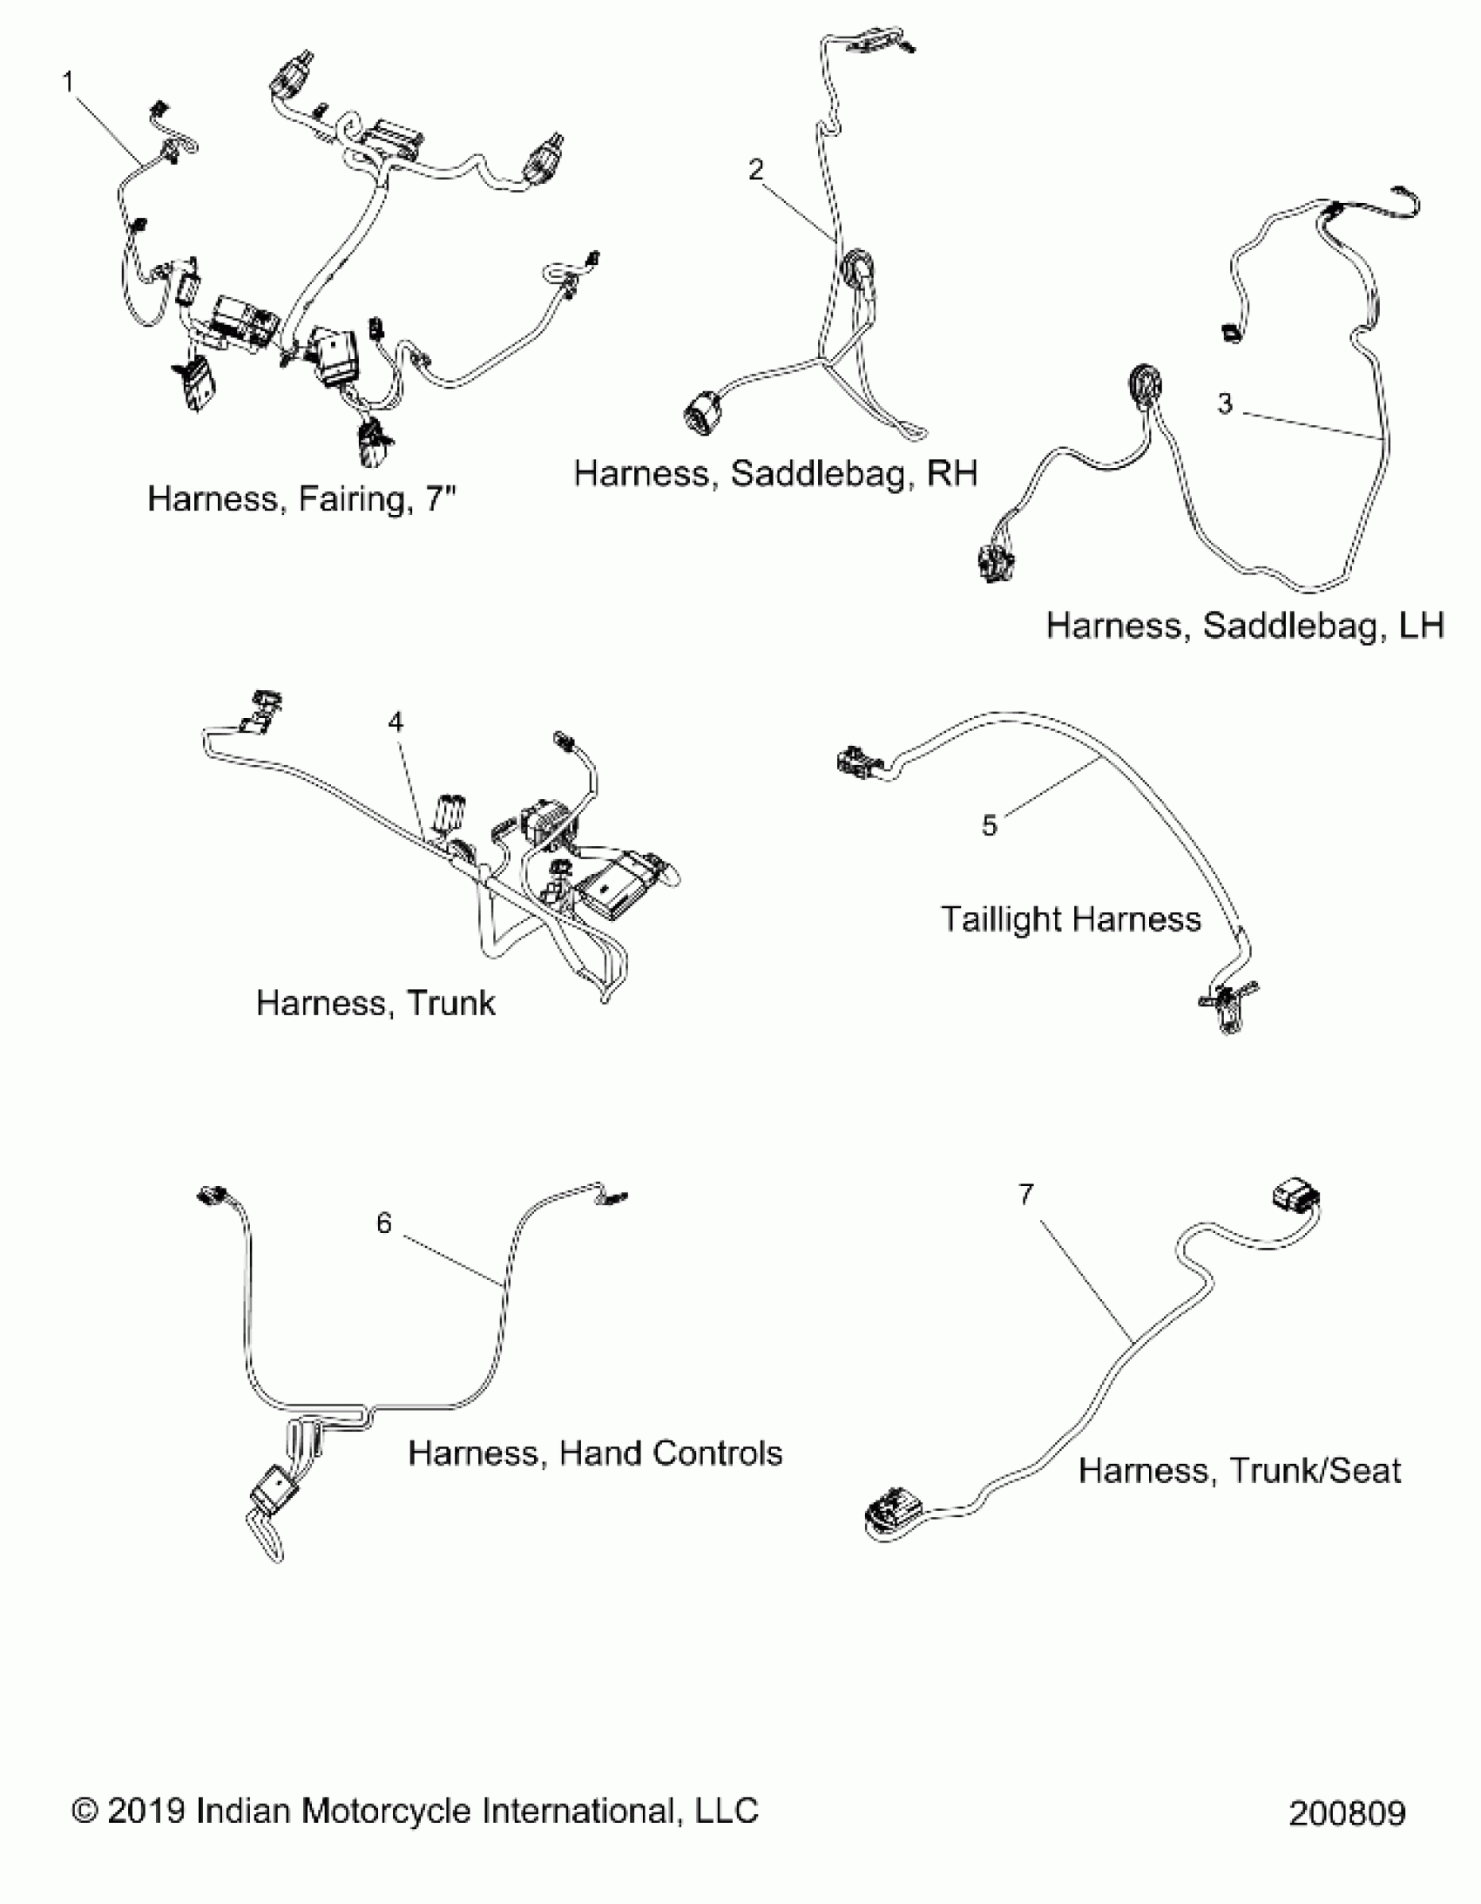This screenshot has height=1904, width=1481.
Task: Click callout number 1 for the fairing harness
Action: [x=68, y=83]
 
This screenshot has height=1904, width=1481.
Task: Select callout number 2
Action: [x=756, y=169]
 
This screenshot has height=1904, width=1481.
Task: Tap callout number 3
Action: [x=1225, y=403]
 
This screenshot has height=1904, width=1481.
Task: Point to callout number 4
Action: [x=396, y=722]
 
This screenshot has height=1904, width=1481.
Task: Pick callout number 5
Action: [x=989, y=824]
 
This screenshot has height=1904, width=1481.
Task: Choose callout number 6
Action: [x=384, y=1223]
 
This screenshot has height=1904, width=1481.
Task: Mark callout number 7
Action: [x=1026, y=1194]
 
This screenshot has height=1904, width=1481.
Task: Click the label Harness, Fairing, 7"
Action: [x=301, y=499]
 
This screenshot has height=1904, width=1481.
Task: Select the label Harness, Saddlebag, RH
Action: [x=775, y=473]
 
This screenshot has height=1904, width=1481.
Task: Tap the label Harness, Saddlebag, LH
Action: [x=1245, y=626]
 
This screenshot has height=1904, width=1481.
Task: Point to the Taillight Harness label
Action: [x=1071, y=919]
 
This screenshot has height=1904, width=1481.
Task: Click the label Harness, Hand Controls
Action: [x=595, y=1453]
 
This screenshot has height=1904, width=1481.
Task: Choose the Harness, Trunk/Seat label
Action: [x=1240, y=1471]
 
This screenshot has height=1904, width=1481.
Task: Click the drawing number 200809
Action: [x=1347, y=1814]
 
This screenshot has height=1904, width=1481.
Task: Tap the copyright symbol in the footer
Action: [x=85, y=1811]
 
